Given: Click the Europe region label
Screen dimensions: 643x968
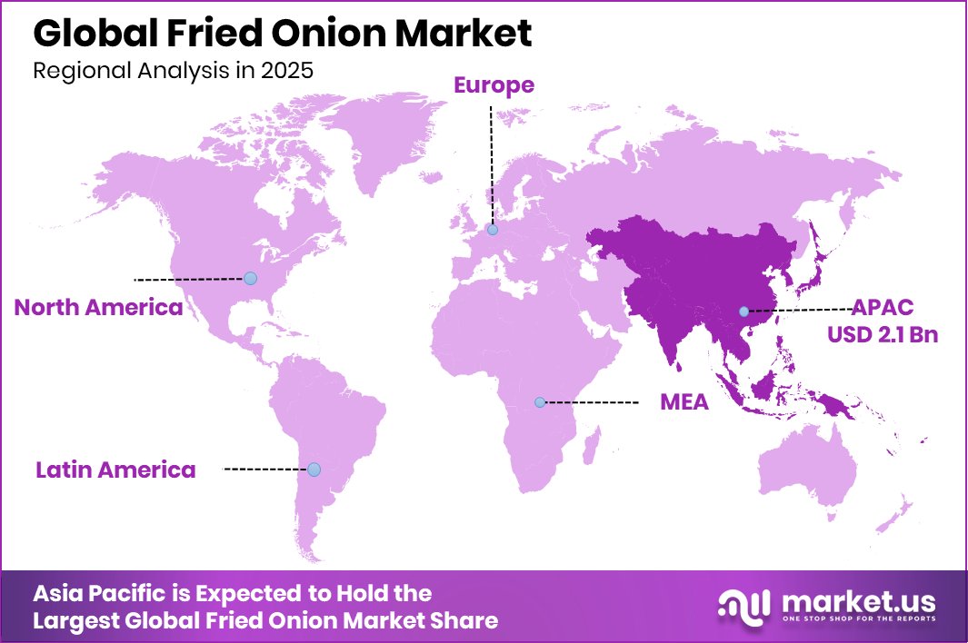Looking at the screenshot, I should coord(494,85).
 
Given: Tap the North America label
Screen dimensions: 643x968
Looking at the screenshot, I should coord(98,308).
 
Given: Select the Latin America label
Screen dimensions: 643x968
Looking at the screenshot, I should coord(115,470).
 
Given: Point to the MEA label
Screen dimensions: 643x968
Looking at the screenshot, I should coord(684,401).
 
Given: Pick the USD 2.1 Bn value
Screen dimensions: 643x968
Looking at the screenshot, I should coord(882,334).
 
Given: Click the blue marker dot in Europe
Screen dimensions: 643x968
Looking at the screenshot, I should coord(492,231).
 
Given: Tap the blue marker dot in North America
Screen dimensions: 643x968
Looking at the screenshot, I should coord(250,278).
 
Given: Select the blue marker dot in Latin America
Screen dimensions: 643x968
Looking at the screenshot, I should coord(314,470).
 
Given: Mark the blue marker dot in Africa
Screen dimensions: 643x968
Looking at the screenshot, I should coord(539,401).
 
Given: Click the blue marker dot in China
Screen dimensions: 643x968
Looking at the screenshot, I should coord(743,312).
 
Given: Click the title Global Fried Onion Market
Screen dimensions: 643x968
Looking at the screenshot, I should coord(282,34).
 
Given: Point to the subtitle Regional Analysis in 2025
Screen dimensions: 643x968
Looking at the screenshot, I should coord(173,71).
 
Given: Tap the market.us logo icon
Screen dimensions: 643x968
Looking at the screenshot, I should coord(743,606).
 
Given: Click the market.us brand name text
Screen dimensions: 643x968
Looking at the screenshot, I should coord(855,600).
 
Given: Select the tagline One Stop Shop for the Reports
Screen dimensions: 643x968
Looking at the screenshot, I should coord(855,620).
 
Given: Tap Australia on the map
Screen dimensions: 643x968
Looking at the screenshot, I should coord(809,472).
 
